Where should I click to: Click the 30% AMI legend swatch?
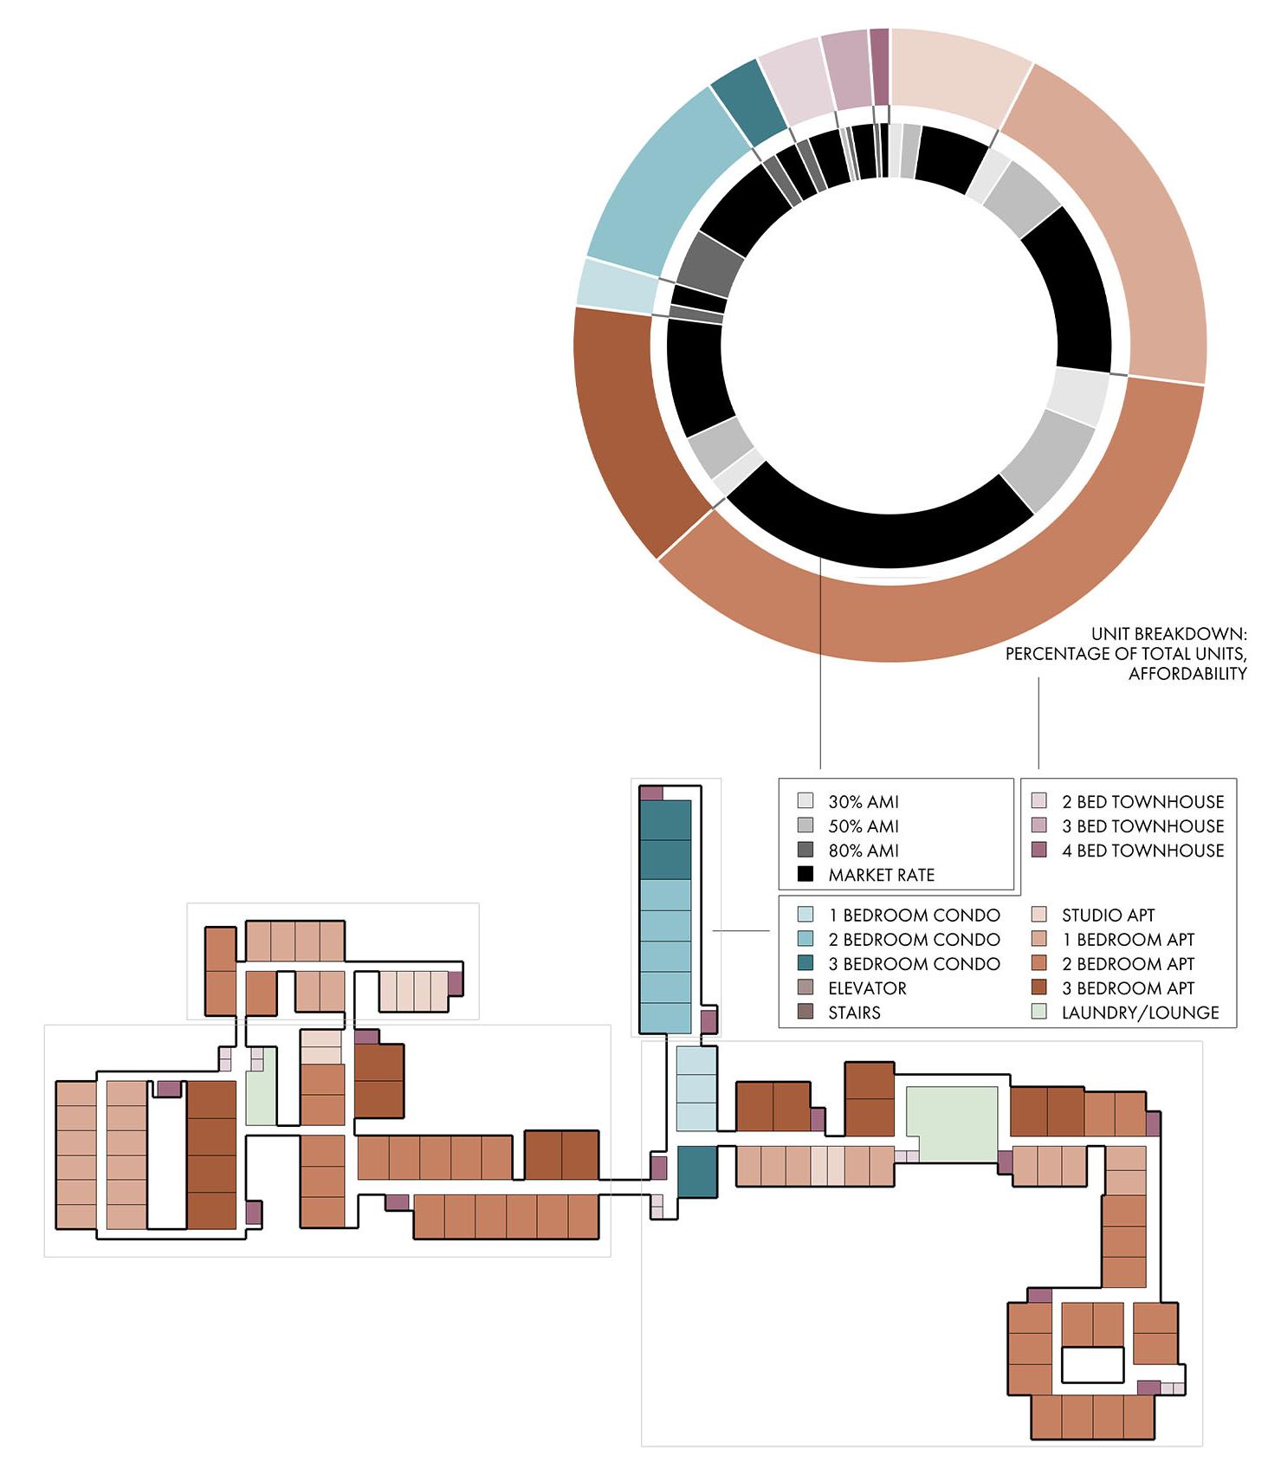(x=805, y=801)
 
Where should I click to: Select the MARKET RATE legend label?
(x=881, y=875)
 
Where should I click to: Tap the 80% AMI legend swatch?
(x=805, y=850)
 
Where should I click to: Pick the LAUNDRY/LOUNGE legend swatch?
(x=1039, y=1012)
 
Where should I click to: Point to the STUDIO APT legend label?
(x=1108, y=915)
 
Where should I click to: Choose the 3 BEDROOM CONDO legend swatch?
(x=805, y=963)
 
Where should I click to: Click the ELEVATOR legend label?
(x=867, y=987)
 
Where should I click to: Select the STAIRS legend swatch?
(x=805, y=1012)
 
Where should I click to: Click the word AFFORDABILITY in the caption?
(x=1187, y=674)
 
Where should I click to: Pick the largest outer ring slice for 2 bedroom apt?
(x=953, y=598)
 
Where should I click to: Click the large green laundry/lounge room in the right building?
(x=952, y=1123)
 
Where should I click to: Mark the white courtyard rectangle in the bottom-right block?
(x=1092, y=1365)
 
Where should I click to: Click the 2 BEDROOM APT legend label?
(x=1135, y=963)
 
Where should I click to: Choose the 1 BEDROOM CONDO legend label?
(x=914, y=915)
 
